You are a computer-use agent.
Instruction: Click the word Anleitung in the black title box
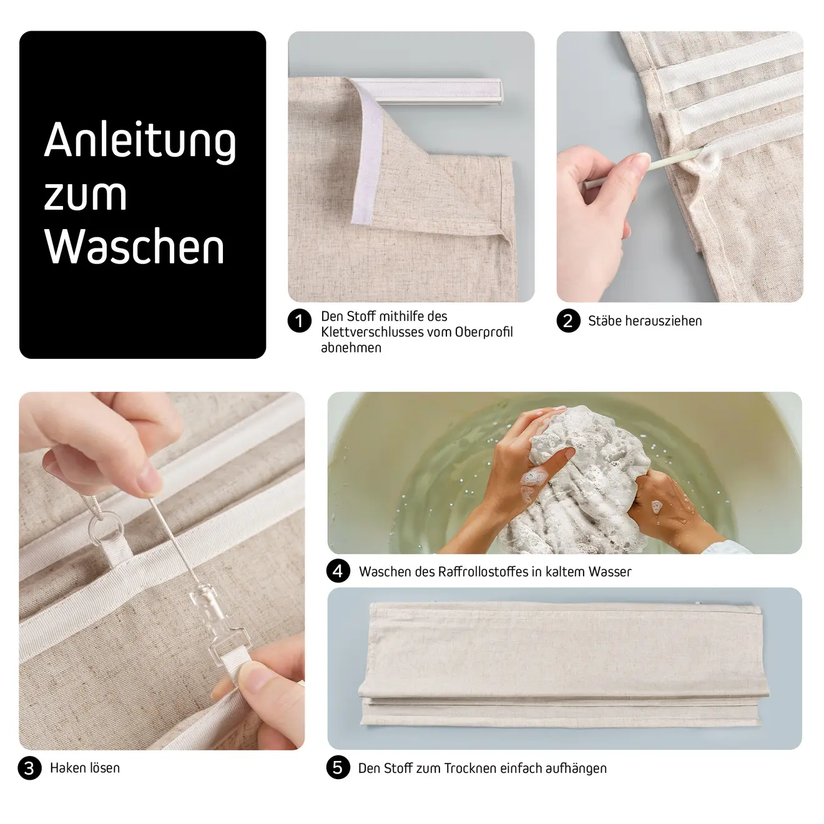pos(140,142)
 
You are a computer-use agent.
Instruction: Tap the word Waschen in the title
pos(134,246)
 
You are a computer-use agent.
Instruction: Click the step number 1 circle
pos(300,321)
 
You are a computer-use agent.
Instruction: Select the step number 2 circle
pos(568,321)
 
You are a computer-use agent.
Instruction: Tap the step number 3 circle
pos(29,768)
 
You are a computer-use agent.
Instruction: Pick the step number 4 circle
pos(338,571)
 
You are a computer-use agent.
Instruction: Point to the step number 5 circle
pos(338,767)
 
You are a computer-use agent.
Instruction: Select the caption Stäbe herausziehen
pos(645,321)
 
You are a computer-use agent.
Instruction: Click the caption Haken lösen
pos(85,768)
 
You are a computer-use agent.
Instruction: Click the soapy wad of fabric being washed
pos(586,479)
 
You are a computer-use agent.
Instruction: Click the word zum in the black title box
pos(86,195)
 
